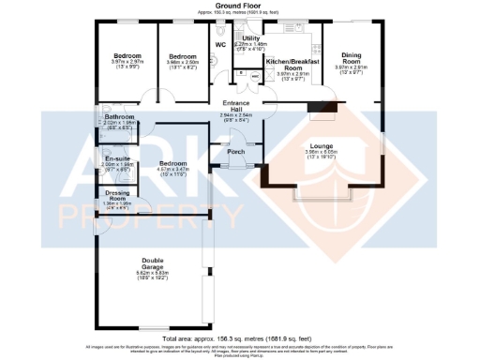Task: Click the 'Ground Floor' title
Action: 239,5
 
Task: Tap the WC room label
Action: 220,44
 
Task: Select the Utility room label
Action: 251,38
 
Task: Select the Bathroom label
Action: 120,117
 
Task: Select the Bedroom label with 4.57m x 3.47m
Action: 172,164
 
